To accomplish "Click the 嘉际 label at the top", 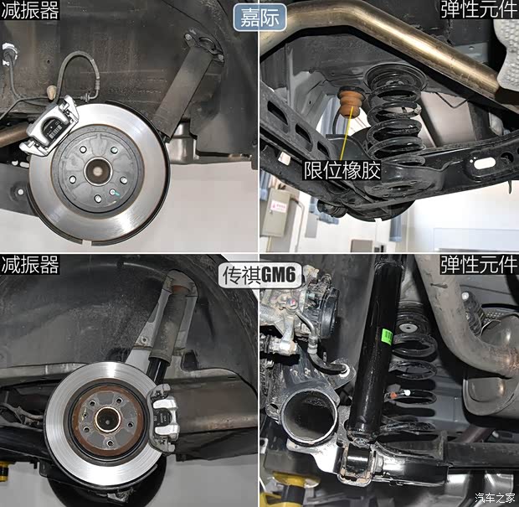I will [260, 16].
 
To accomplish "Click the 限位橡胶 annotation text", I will [342, 171].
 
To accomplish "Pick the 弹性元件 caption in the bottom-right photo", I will [479, 266].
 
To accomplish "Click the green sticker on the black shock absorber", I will [386, 336].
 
